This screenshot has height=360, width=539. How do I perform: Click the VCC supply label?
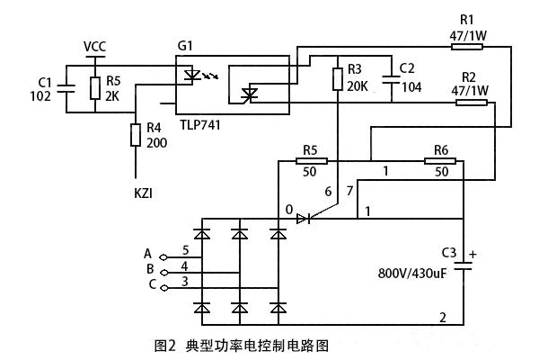click(x=94, y=46)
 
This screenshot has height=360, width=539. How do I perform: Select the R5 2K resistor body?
click(x=94, y=88)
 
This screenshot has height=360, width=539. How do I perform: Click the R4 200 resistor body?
click(x=136, y=135)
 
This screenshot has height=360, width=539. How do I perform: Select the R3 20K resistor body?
click(x=337, y=79)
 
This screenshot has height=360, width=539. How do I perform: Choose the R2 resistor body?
click(x=471, y=103)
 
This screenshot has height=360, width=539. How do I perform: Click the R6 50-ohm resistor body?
click(x=440, y=162)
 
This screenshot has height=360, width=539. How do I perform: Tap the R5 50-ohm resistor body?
click(x=311, y=162)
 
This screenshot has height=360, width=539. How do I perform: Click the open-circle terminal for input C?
click(x=163, y=284)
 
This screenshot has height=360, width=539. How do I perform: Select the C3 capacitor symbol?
click(x=464, y=267)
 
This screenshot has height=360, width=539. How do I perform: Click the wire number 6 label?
click(x=328, y=192)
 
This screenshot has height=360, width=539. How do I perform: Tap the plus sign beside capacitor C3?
click(x=474, y=254)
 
